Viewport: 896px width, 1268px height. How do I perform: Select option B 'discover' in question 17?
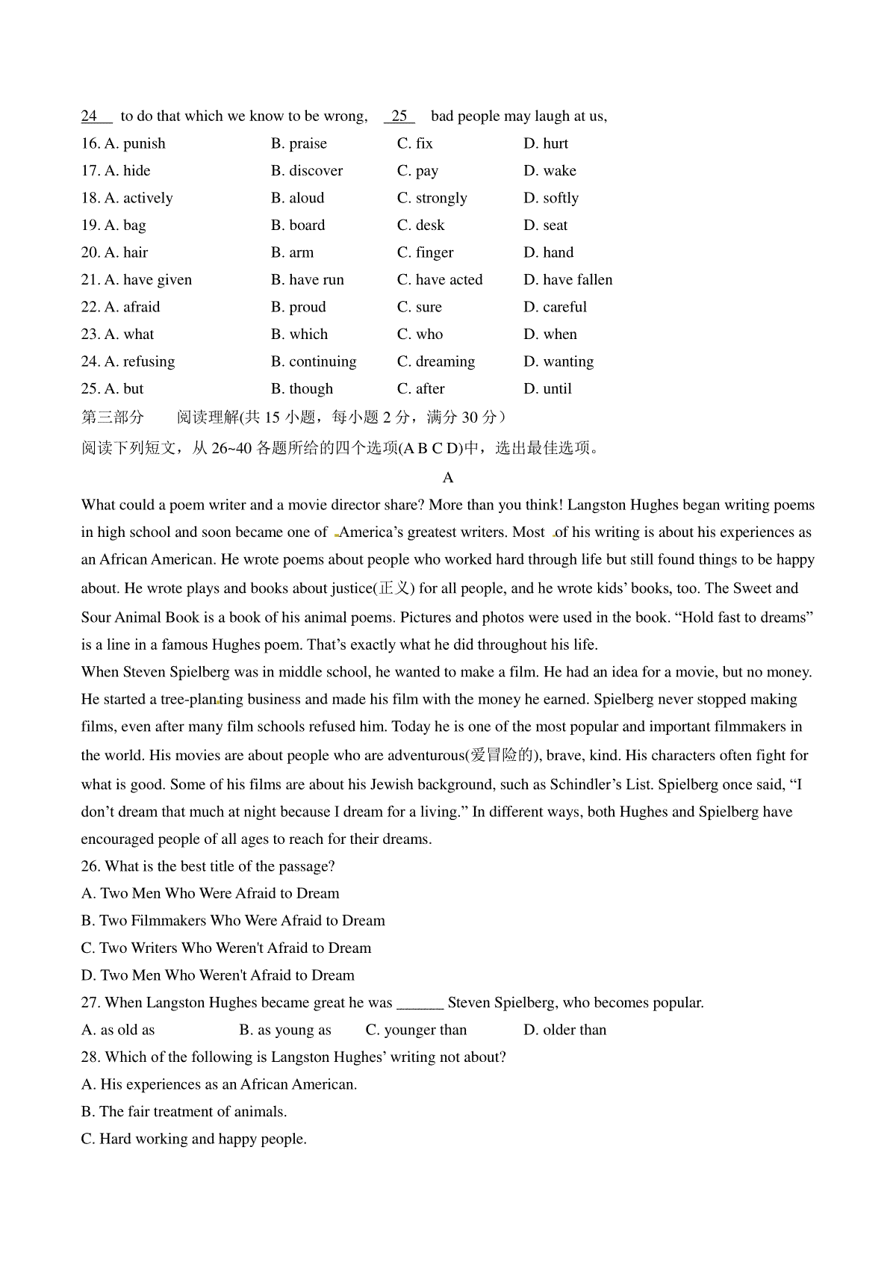307,171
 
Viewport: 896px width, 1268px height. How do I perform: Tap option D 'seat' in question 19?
546,226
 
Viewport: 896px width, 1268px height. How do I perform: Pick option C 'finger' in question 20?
426,252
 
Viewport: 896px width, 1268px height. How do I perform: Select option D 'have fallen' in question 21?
568,280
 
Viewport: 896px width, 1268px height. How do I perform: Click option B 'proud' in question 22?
299,307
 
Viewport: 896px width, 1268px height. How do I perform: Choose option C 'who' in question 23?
420,335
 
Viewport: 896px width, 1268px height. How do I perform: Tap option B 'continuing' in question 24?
314,361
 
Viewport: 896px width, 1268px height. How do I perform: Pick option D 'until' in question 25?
548,389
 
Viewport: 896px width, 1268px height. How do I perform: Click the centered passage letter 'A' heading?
448,477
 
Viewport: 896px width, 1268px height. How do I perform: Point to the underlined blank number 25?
399,116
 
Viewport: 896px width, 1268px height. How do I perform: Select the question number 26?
90,866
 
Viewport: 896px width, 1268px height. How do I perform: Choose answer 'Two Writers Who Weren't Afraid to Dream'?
226,948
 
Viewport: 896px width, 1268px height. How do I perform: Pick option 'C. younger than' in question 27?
416,1030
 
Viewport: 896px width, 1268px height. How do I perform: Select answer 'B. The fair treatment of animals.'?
184,1112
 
